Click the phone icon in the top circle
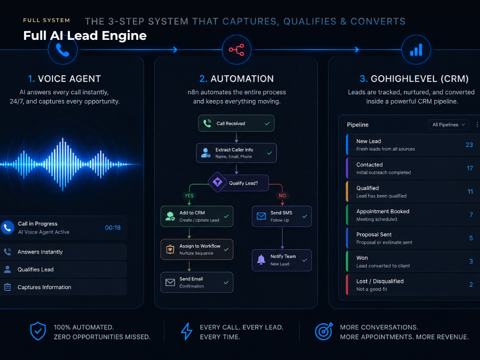click(63, 50)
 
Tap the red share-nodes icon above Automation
click(236, 49)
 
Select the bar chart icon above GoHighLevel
click(416, 49)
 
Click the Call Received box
click(236, 123)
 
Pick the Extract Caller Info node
click(236, 153)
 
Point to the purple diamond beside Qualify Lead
click(217, 182)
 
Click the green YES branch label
click(189, 196)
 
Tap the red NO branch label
click(282, 196)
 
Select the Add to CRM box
click(197, 216)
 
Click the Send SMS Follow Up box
click(282, 216)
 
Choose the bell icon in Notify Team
click(261, 260)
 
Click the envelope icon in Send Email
click(170, 282)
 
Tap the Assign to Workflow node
click(197, 250)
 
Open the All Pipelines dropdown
click(448, 125)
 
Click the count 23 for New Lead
click(469, 145)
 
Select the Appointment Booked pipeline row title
click(383, 211)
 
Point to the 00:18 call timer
click(113, 228)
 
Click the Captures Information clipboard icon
click(8, 287)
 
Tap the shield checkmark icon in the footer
click(38, 331)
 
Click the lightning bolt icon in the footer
click(187, 331)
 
